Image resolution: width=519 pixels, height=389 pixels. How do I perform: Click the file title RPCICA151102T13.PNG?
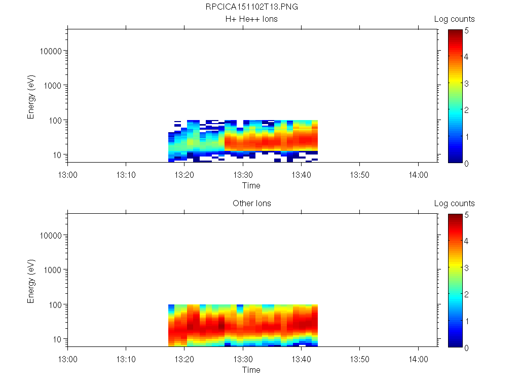[x=251, y=7]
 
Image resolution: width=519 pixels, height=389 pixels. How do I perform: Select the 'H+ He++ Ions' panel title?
[x=251, y=19]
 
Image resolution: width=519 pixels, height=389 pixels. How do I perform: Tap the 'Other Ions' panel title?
[x=251, y=204]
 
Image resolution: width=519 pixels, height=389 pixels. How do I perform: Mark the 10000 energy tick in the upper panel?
[x=51, y=51]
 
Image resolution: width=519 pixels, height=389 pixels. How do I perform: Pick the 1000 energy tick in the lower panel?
[x=53, y=270]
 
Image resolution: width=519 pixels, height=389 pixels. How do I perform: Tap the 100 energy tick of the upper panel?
[x=55, y=120]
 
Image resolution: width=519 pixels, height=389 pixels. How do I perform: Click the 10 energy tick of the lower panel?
[x=57, y=339]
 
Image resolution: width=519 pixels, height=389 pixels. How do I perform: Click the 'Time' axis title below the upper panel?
[x=251, y=185]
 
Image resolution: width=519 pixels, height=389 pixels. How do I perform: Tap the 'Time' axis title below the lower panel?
[x=251, y=370]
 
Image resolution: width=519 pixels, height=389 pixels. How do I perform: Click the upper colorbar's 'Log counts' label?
[x=454, y=19]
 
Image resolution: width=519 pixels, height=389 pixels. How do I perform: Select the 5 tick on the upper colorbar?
[x=466, y=30]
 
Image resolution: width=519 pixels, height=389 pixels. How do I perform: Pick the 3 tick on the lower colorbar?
[x=466, y=267]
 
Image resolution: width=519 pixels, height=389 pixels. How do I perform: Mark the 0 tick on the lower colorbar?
[x=466, y=347]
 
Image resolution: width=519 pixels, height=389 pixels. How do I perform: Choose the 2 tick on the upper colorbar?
[x=466, y=110]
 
